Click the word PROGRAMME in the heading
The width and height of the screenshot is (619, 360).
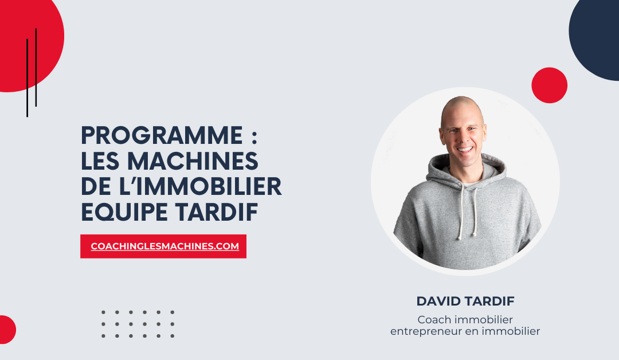[162, 135]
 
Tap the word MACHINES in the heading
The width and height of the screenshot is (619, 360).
[193, 161]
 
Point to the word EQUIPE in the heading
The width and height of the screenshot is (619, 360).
[124, 212]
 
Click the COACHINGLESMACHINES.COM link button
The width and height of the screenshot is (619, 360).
[163, 246]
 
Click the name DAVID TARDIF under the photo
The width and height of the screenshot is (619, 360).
[465, 301]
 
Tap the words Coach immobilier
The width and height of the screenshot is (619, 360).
[465, 319]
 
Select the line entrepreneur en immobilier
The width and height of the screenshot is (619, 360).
[465, 331]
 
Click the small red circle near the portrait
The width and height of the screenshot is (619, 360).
[549, 85]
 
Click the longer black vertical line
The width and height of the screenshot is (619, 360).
[28, 78]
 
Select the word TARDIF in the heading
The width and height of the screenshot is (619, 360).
[217, 212]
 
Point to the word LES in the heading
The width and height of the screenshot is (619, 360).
[100, 161]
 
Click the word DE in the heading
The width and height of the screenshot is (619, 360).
[96, 186]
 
